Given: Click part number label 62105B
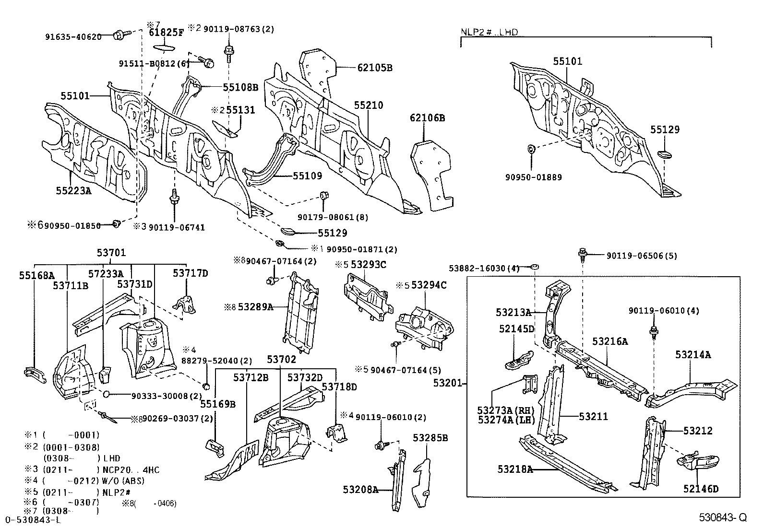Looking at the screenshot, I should coord(374,68).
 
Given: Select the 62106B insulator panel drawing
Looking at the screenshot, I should coord(432,175).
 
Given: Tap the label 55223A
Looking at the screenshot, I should coord(73,190).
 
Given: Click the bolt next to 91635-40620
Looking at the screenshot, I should coord(119,35).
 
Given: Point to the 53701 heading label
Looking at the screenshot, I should coord(111,253).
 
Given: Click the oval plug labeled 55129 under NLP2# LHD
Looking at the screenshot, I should coord(664,154).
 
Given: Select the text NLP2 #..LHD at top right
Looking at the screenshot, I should coord(489,32).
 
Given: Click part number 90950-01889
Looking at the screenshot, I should coord(533,177).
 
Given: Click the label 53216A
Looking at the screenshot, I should coord(609,341).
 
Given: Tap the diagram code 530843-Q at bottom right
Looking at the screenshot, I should coord(722,517).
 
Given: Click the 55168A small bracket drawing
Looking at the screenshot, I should coord(34,373).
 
